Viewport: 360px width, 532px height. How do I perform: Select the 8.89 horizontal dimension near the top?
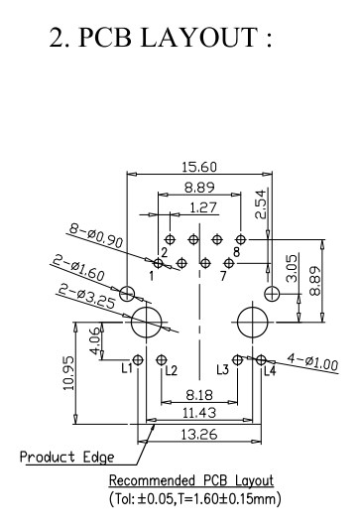click(201, 188)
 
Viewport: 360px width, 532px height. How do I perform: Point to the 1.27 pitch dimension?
click(201, 207)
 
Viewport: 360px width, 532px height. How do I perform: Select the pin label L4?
click(270, 370)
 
